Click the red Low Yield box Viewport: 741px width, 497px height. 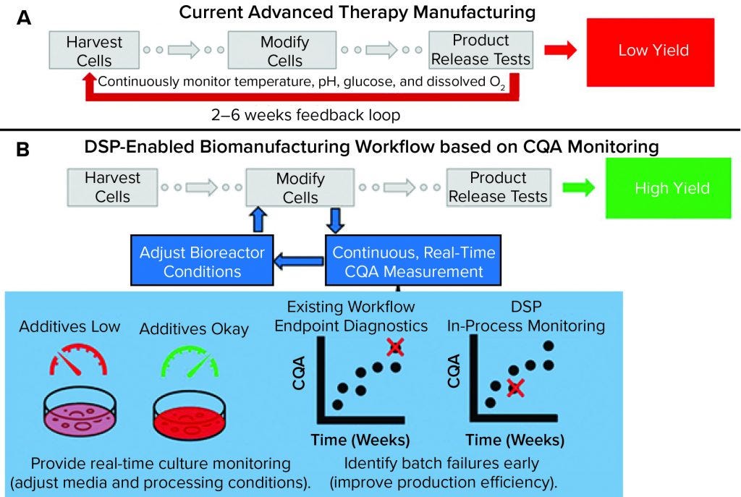click(x=653, y=51)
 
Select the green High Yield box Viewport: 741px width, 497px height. click(x=672, y=188)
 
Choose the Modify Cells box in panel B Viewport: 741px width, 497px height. click(x=286, y=187)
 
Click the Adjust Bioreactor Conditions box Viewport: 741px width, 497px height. click(x=202, y=263)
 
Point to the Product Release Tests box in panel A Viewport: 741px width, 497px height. click(x=480, y=49)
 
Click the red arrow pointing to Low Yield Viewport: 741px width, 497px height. click(x=561, y=50)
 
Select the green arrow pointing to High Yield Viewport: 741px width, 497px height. click(x=579, y=188)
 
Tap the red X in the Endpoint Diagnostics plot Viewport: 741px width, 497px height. click(x=394, y=348)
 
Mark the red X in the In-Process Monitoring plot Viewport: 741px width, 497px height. click(x=515, y=388)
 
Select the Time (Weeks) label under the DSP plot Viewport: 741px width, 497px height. click(x=515, y=439)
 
